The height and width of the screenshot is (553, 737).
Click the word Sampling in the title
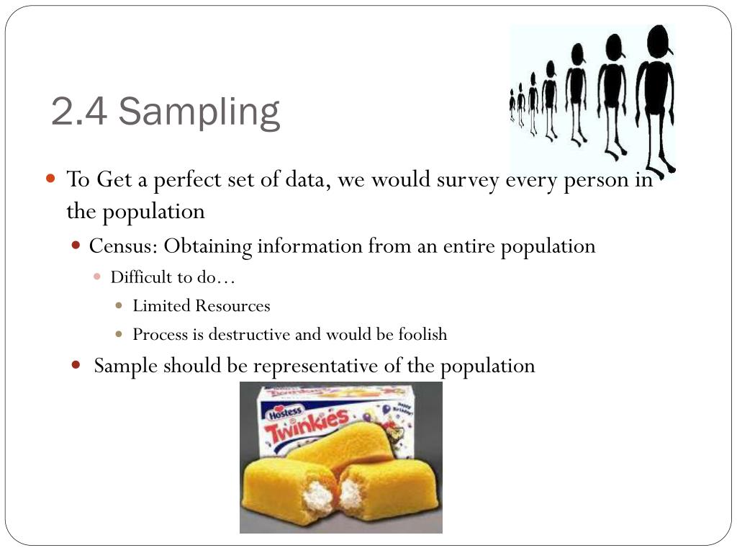pos(199,112)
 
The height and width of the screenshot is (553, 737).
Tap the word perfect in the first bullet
pos(189,179)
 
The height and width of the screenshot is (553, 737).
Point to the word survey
pos(468,179)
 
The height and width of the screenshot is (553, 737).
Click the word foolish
pos(422,334)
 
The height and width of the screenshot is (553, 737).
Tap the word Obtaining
pos(208,246)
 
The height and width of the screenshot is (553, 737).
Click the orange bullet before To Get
pos(50,178)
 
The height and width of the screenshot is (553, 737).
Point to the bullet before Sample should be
pos(76,364)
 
